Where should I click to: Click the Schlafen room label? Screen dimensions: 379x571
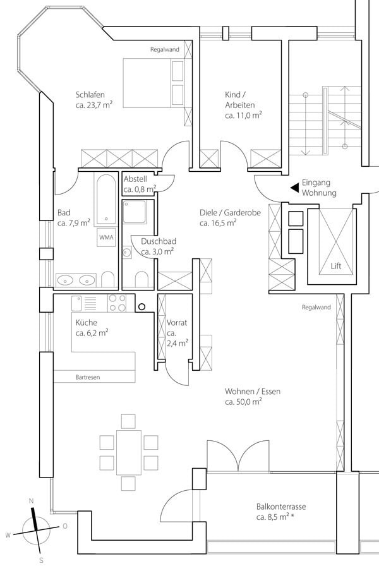[90, 95]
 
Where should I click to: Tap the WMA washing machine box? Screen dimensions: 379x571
[106, 237]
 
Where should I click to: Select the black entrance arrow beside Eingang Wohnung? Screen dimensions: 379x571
[294, 188]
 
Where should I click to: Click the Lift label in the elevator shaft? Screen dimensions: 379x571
[336, 266]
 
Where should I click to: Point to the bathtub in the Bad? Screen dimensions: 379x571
[106, 199]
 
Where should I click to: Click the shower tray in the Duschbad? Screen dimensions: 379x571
[134, 211]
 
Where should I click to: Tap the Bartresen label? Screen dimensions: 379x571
[88, 377]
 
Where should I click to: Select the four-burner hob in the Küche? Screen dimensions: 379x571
[117, 303]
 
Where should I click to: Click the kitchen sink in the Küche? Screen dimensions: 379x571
[76, 303]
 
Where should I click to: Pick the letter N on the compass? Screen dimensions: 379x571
[32, 501]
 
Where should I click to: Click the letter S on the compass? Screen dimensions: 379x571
[41, 560]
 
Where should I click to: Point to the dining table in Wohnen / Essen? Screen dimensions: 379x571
[129, 452]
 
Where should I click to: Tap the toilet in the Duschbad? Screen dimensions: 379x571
[141, 279]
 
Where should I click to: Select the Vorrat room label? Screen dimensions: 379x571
[177, 323]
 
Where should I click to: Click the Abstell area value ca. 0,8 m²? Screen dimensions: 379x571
[140, 189]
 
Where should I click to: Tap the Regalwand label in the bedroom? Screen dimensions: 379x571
[165, 49]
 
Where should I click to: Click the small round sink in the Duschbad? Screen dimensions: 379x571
[127, 252]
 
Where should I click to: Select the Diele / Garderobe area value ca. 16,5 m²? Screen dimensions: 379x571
[218, 223]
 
